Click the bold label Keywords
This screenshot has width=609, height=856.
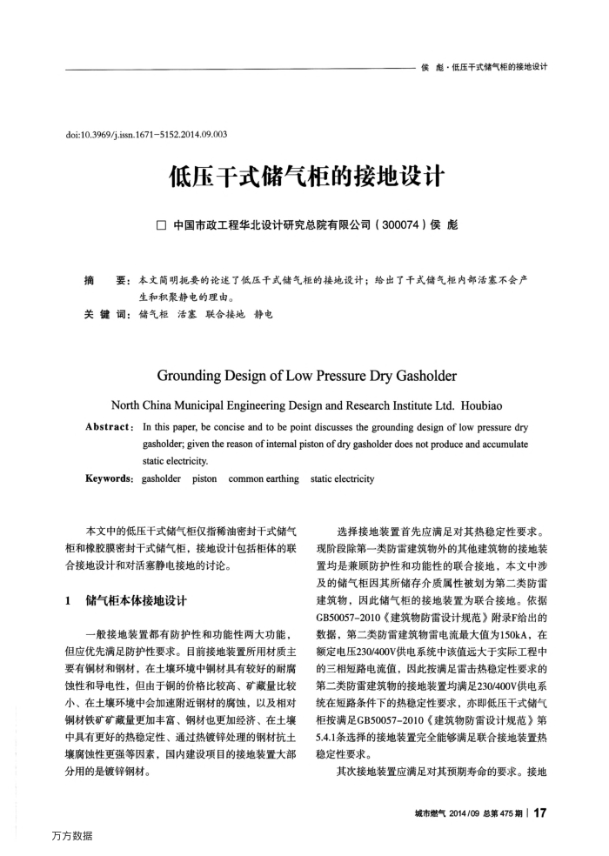(110, 478)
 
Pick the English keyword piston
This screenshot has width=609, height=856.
(204, 478)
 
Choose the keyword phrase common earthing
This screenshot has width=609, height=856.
(264, 478)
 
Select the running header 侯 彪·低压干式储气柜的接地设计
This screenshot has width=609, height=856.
(484, 67)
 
